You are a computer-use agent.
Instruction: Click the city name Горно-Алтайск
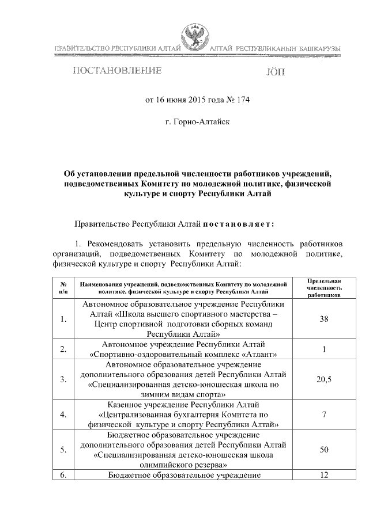[197, 122]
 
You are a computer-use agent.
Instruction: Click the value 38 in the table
[323, 318]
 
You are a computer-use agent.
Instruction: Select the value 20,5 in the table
[323, 379]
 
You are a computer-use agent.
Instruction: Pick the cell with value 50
[323, 449]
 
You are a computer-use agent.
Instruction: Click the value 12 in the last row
[323, 475]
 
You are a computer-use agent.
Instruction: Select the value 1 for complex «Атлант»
[323, 349]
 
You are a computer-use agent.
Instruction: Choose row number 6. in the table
[63, 475]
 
